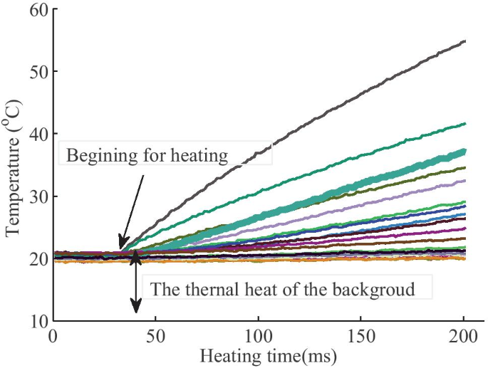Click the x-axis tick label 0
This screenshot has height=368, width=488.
(x=53, y=335)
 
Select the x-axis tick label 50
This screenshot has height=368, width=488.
(x=155, y=335)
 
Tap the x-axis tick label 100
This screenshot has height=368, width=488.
(x=259, y=335)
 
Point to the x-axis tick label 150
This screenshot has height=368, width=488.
(x=361, y=335)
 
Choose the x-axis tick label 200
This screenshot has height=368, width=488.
(x=464, y=335)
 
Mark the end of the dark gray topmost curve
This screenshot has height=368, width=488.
(x=464, y=41)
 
